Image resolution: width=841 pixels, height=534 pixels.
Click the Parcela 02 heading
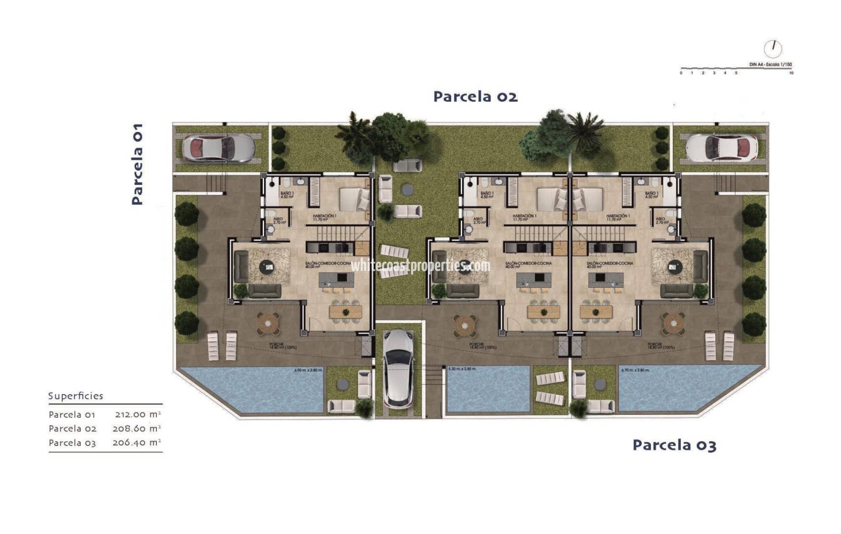(x=475, y=96)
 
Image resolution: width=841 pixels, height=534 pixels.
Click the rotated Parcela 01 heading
(x=137, y=164)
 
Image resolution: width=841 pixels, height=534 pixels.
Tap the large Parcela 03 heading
(x=674, y=445)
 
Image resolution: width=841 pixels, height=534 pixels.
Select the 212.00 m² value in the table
(x=138, y=414)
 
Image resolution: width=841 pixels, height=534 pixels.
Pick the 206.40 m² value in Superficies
(x=137, y=443)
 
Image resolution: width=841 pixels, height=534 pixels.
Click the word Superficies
(x=76, y=396)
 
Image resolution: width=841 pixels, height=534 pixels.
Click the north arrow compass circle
(x=773, y=48)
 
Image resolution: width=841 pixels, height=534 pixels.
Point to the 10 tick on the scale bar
(x=792, y=73)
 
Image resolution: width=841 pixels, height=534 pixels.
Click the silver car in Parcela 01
(x=219, y=147)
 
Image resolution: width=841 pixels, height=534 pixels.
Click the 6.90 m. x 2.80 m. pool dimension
(x=308, y=370)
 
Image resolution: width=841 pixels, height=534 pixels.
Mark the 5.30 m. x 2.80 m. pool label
(x=462, y=369)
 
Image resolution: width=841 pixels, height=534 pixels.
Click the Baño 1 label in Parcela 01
(x=287, y=194)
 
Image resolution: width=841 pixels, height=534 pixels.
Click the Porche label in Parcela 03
(x=654, y=345)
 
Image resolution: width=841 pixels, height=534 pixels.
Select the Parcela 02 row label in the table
(x=73, y=429)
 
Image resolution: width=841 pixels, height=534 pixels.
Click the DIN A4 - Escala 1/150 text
(x=770, y=65)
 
